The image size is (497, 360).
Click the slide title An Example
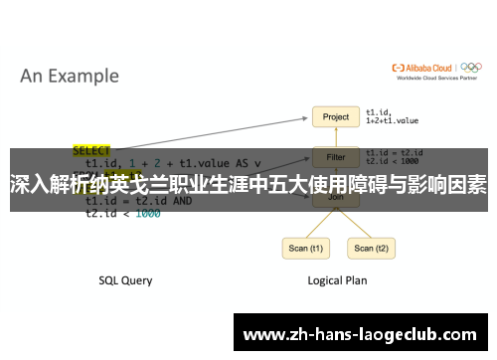[x=70, y=76]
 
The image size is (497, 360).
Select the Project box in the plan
[x=336, y=117]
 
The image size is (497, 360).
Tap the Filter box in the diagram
[x=336, y=156]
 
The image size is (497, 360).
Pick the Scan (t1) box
[x=305, y=248]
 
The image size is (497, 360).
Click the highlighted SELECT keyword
[x=92, y=151]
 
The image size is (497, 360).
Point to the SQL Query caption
[x=125, y=280]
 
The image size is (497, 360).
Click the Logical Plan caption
[x=336, y=280]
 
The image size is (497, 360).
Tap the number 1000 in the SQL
[x=147, y=213]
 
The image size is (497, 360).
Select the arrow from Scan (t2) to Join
[x=355, y=222]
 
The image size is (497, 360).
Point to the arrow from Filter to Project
[x=336, y=137]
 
